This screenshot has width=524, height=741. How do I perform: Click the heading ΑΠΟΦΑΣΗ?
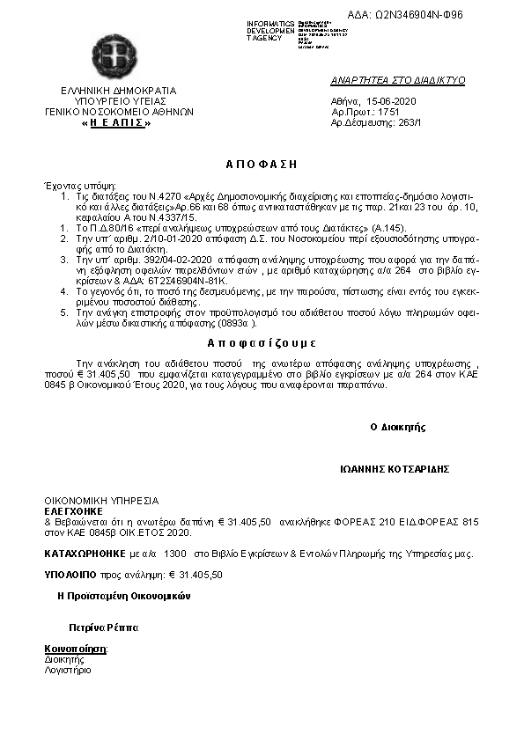pos(262,164)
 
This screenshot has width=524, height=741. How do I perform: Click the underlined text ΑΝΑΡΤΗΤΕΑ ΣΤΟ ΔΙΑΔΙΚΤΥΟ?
pos(397,80)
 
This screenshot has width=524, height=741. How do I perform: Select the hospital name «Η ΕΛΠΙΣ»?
pos(117,123)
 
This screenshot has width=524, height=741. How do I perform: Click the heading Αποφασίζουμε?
pos(262,342)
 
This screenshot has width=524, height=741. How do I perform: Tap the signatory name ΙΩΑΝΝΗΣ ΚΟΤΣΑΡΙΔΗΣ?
pos(395,469)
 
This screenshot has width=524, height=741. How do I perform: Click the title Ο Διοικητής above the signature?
pos(398,427)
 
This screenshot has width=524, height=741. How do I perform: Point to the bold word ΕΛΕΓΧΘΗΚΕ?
pos(74,510)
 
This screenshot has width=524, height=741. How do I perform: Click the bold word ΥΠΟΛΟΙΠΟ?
pos(71,574)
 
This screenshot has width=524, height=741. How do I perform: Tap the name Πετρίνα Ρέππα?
pos(104,628)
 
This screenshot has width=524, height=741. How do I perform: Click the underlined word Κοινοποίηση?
pos(76,649)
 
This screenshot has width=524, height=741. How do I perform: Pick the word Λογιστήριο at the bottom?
pos(68,670)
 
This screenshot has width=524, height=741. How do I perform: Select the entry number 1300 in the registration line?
pos(175,554)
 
